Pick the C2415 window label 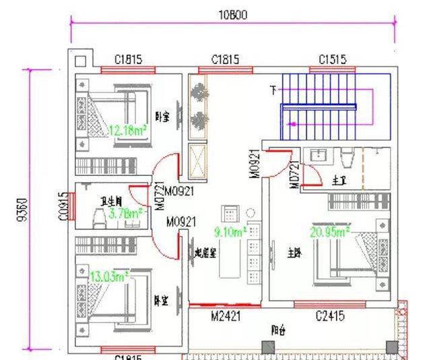pos(331,316)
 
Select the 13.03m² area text pos(108,275)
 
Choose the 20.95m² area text pos(329,232)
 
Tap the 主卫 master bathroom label pos(339,181)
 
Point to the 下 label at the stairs pos(273,90)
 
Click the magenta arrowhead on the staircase pos(292,124)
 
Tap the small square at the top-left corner pos(80,61)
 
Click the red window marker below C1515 pos(332,69)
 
